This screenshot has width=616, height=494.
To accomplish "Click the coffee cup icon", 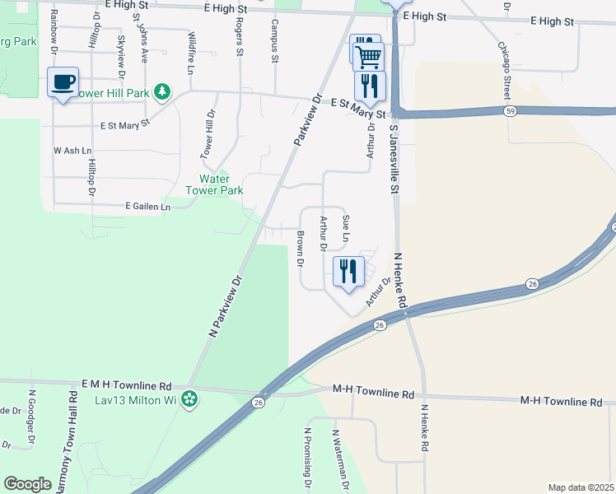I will (63, 82).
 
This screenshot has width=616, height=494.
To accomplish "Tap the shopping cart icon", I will (368, 57).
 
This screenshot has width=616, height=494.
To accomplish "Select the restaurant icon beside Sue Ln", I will (348, 270).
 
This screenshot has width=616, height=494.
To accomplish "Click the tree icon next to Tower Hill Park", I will (163, 92).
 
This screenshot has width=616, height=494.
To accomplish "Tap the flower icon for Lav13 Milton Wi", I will (190, 400).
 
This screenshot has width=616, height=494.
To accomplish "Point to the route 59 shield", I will (511, 110).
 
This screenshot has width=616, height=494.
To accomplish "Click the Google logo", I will (28, 484).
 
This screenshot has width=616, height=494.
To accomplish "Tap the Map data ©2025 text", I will (581, 487).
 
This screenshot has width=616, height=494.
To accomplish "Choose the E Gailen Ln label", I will (147, 207).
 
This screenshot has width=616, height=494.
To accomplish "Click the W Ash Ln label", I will (72, 151).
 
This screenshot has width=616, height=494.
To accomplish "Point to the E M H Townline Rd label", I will (126, 385).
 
